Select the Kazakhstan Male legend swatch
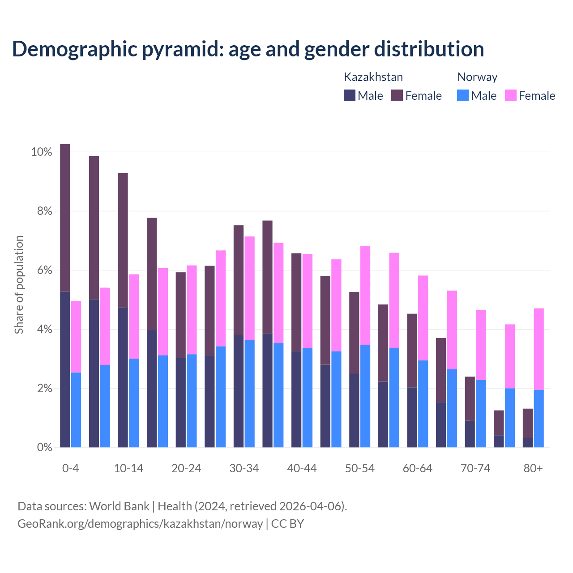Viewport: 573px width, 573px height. [349, 95]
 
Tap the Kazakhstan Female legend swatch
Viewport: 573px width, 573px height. [397, 95]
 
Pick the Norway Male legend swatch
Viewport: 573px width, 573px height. [463, 95]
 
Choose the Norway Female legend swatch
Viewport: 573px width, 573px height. [511, 95]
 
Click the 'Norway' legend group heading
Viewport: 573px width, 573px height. [477, 77]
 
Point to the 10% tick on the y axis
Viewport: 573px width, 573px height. [42, 152]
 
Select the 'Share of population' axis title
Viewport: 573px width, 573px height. [19, 285]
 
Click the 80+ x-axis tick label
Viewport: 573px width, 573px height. [533, 469]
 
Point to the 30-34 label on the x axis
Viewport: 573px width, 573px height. [244, 469]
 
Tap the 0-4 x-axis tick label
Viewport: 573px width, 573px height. [71, 469]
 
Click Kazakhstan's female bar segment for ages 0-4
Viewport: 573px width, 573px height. [65, 218]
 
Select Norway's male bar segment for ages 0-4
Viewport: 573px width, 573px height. [76, 410]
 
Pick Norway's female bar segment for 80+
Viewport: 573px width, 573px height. [539, 349]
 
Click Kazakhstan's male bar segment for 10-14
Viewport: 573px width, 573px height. [123, 377]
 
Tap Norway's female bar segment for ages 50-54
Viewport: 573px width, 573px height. [365, 295]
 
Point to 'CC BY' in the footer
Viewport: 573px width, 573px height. [287, 524]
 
